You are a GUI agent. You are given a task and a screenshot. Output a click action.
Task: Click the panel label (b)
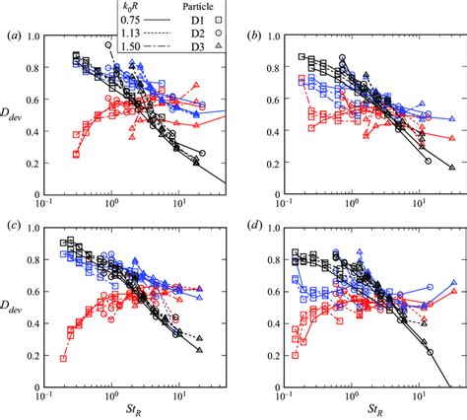coord(257,37)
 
